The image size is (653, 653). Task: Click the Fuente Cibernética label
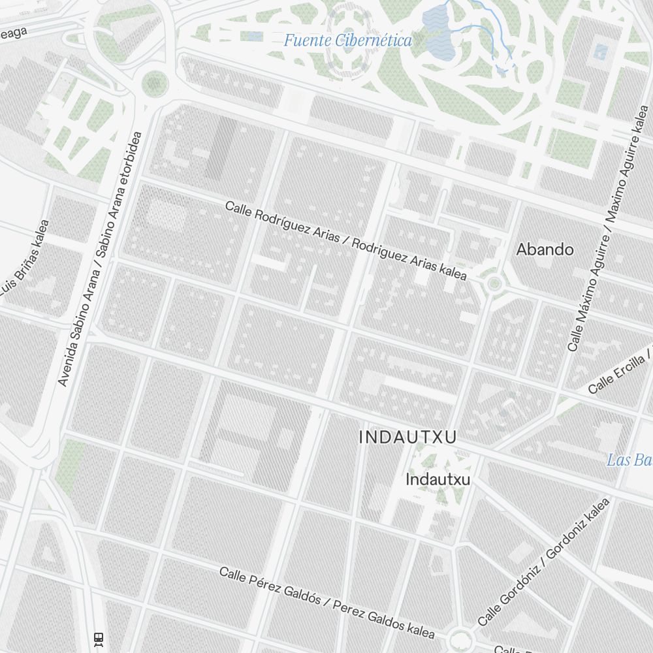(x=347, y=41)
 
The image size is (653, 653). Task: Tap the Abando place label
(x=545, y=249)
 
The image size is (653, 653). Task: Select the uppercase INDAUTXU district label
(x=407, y=438)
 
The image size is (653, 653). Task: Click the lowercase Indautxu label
(x=438, y=480)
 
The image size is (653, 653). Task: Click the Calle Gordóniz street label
(x=543, y=563)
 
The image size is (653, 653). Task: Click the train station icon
(x=99, y=638)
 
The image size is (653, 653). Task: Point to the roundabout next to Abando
(x=494, y=283)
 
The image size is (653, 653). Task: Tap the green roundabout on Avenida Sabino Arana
(x=155, y=83)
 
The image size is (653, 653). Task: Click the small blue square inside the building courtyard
(x=600, y=52)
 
